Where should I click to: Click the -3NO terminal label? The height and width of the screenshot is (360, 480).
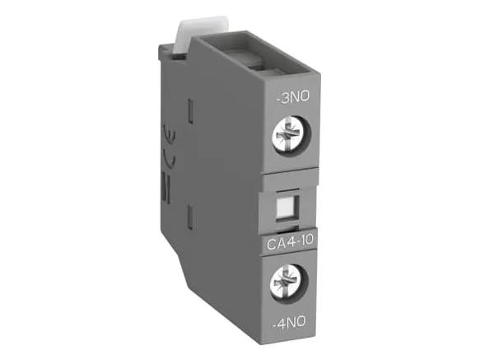[x=293, y=97]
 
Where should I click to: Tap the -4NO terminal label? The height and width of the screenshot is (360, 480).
[x=289, y=323]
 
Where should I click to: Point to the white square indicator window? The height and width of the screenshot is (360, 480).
[x=284, y=206]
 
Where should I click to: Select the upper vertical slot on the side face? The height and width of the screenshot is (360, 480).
[x=190, y=111]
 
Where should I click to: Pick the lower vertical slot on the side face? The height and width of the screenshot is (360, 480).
[x=190, y=217]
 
